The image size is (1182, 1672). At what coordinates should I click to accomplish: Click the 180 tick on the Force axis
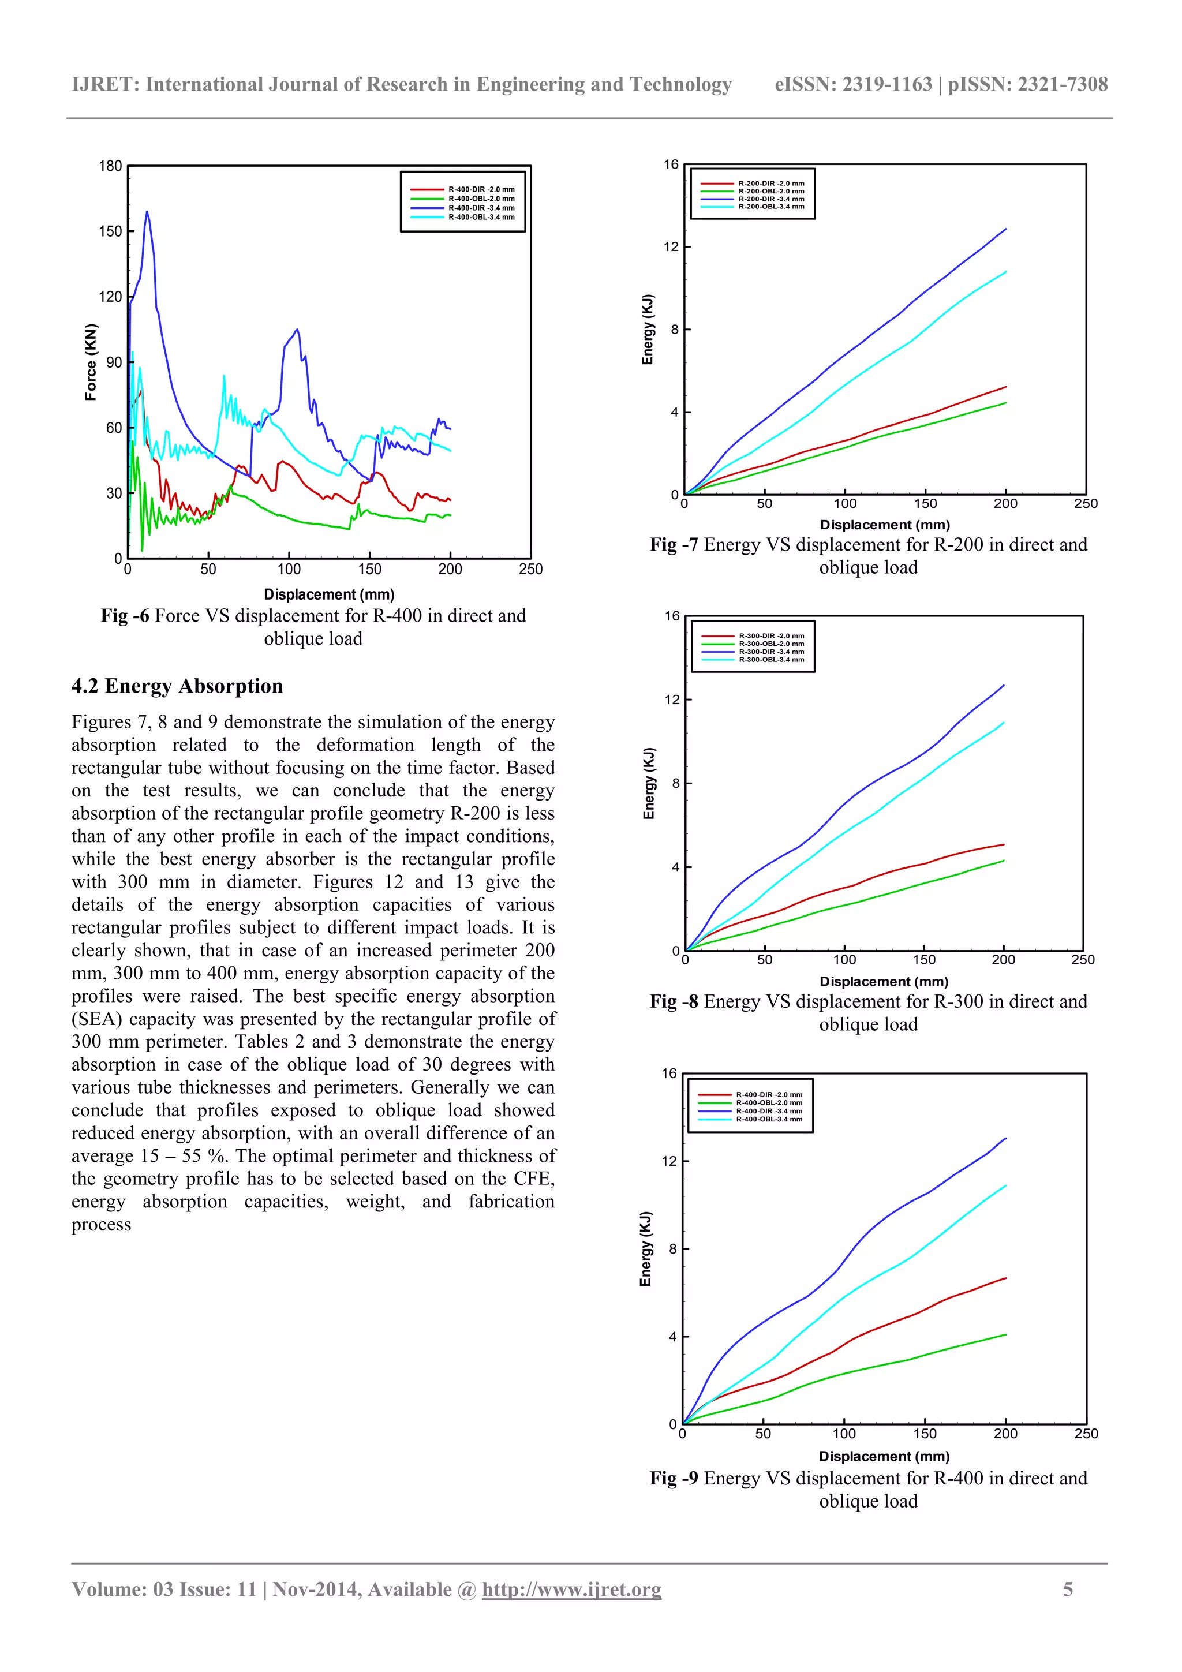tap(111, 166)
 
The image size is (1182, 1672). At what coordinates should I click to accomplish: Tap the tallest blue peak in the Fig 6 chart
tap(147, 212)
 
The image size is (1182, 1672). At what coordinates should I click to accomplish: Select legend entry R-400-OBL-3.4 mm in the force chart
tap(481, 217)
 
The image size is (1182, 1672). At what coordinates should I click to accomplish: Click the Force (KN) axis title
tap(91, 362)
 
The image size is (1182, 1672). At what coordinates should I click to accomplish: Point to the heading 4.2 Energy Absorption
tap(177, 686)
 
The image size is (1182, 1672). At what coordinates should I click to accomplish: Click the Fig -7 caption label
tap(674, 545)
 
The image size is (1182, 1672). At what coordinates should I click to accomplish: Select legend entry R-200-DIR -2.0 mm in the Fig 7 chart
tap(770, 184)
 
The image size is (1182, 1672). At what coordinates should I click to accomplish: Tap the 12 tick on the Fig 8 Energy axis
tap(671, 700)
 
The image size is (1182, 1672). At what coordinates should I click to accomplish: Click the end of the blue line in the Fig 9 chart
tap(1006, 1138)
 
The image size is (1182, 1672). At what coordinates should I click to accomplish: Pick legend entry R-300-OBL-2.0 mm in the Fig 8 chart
tap(770, 644)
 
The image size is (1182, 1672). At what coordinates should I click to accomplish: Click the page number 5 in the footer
tap(1068, 1589)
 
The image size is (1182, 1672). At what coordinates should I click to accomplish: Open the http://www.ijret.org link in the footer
tap(572, 1589)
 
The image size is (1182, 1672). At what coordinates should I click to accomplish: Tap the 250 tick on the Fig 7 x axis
tap(1085, 503)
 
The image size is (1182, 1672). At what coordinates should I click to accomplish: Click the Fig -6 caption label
tap(125, 616)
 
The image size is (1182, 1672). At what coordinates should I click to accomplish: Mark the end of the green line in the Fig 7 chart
tap(1006, 403)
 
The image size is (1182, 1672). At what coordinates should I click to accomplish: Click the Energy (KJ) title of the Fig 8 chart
tap(649, 784)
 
